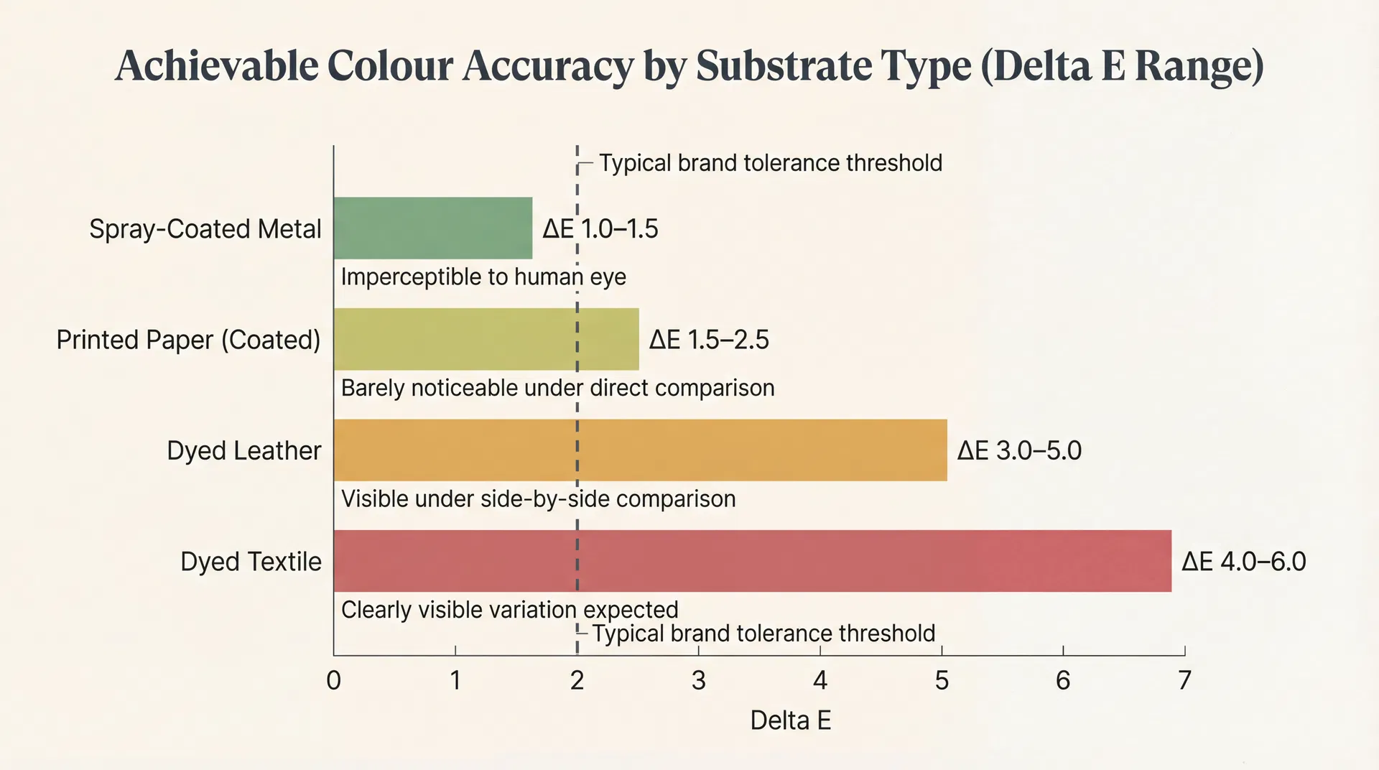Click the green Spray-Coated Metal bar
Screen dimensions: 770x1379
tap(432, 228)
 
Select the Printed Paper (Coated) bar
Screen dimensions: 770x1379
tap(486, 339)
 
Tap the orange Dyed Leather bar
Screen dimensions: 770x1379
tap(639, 450)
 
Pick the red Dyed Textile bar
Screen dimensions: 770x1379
tap(751, 561)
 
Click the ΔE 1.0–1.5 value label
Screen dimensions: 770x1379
tap(600, 229)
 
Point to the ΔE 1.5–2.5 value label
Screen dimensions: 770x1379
tap(709, 340)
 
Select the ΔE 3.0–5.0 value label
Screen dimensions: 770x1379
tap(1019, 450)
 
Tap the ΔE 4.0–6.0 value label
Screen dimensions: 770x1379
tap(1244, 561)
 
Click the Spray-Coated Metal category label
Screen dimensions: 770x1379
tap(205, 229)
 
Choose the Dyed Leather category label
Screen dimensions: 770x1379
tap(243, 450)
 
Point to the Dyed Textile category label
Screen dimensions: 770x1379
tap(251, 562)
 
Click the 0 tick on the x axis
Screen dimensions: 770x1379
tap(333, 680)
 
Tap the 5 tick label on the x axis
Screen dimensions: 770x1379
tap(942, 680)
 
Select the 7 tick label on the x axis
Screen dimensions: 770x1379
tap(1184, 680)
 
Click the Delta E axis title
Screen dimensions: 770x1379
tap(790, 720)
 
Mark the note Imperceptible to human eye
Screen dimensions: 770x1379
tap(483, 277)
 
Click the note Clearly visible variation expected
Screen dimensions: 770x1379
tap(509, 610)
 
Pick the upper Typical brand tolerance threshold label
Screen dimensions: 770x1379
tap(770, 163)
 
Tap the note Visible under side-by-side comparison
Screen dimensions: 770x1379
tap(538, 498)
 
